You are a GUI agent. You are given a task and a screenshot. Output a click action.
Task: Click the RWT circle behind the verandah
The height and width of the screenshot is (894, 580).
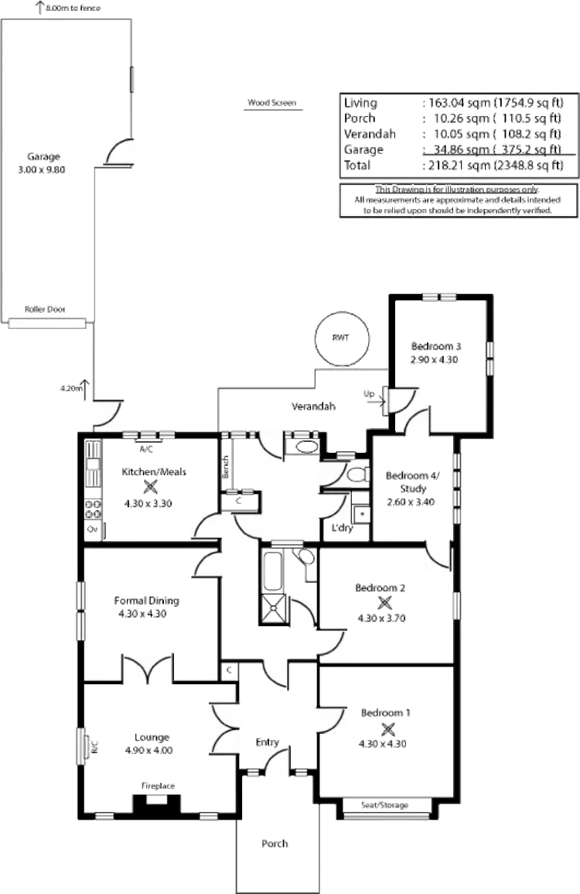342,338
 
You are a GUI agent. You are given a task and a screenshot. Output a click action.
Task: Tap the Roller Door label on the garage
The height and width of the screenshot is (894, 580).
45,310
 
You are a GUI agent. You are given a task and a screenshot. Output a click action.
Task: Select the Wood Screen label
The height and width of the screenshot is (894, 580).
271,103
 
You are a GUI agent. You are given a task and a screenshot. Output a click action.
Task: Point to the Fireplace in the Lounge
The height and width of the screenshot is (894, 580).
157,803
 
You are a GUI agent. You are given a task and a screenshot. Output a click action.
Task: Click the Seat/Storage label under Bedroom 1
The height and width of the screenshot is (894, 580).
384,805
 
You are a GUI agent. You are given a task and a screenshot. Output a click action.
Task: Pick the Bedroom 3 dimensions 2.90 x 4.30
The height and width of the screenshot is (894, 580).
434,360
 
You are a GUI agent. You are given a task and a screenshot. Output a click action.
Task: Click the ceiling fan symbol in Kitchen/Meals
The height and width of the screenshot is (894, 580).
150,487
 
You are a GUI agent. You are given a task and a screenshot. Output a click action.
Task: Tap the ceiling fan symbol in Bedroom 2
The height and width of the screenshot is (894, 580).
386,603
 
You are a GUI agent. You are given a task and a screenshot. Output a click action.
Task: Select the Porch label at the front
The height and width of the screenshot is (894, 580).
275,844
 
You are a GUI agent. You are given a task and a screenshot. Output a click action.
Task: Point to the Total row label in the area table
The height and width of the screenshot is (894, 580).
357,166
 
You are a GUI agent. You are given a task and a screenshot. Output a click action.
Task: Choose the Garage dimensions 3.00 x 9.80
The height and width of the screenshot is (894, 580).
42,170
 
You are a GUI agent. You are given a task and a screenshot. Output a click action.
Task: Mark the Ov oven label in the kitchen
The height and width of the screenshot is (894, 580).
92,529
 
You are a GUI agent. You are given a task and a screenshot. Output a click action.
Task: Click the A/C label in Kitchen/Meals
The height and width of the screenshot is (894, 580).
146,449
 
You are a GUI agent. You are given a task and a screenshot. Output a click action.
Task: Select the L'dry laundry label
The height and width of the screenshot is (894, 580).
342,528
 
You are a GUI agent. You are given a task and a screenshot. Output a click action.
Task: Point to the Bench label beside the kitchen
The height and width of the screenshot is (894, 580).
226,467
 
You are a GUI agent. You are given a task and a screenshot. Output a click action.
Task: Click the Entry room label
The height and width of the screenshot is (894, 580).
268,742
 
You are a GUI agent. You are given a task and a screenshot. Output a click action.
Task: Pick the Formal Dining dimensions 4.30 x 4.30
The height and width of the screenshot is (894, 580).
142,614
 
